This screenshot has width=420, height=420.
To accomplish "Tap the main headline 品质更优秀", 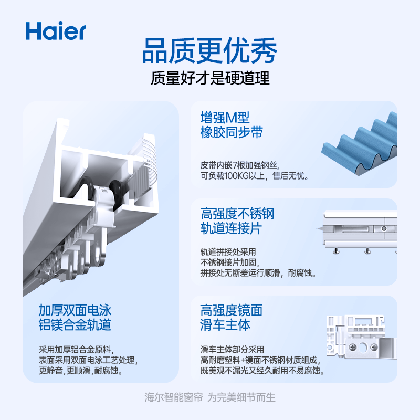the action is pyautogui.click(x=209, y=50).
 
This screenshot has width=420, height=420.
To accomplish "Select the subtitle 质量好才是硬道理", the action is pyautogui.click(x=210, y=78).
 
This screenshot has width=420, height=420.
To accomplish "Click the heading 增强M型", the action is pyautogui.click(x=225, y=118).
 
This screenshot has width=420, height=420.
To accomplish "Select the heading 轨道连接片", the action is pyautogui.click(x=231, y=228).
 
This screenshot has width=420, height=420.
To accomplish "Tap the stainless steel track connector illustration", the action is pyautogui.click(x=359, y=231).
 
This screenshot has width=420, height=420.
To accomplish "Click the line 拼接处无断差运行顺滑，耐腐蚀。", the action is pyautogui.click(x=258, y=273).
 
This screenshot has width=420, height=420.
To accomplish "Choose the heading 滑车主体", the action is pyautogui.click(x=225, y=325).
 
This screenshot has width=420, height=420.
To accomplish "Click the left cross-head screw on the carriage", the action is pyautogui.click(x=353, y=348).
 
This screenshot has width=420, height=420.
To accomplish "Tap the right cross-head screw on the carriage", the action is pyautogui.click(x=374, y=348).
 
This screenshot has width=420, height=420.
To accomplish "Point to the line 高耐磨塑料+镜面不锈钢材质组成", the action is pyautogui.click(x=260, y=360).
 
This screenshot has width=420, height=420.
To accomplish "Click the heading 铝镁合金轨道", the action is pyautogui.click(x=75, y=325).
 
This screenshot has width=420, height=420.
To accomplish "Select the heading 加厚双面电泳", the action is pyautogui.click(x=75, y=310).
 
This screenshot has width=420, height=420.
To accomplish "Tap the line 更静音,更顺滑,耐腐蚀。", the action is pyautogui.click(x=81, y=371).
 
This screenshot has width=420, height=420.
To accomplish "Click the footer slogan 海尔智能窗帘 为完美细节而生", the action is pyautogui.click(x=210, y=397).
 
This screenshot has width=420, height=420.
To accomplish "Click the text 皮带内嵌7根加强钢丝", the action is pyautogui.click(x=239, y=165).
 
